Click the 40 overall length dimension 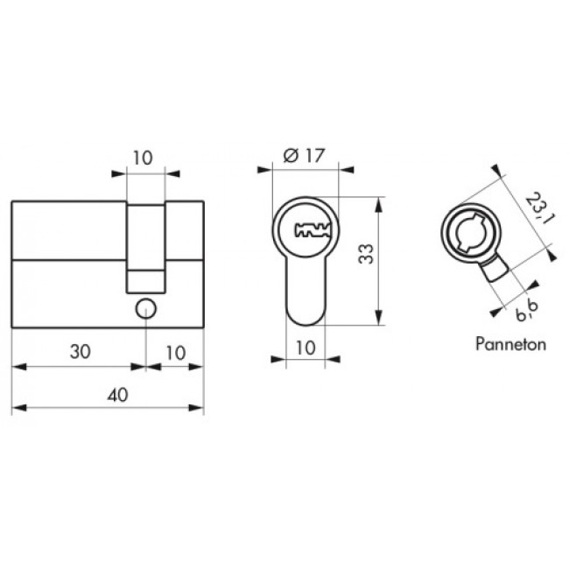(118, 395)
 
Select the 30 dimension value (81, 352)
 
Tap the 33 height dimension (366, 254)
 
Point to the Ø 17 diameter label (304, 156)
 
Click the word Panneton (510, 344)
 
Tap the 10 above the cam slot (143, 158)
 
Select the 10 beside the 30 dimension (176, 353)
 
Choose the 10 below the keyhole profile (306, 348)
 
